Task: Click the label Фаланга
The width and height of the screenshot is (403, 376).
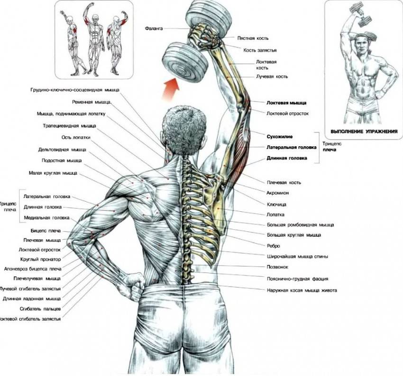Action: click(154, 29)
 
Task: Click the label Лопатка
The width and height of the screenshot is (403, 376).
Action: click(277, 214)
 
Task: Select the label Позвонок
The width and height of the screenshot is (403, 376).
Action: click(279, 267)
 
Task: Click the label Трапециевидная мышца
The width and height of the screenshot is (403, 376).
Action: click(66, 126)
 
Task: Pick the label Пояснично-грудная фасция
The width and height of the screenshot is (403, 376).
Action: click(298, 279)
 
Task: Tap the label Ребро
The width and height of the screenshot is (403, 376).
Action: click(274, 245)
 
